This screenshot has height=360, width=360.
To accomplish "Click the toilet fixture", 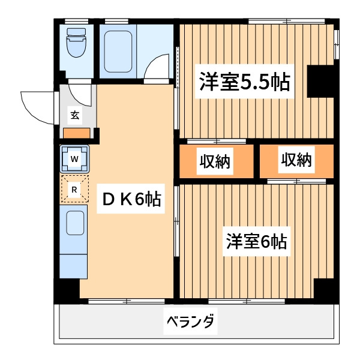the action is [x=76, y=43].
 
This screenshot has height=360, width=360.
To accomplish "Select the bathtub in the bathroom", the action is [x=118, y=52].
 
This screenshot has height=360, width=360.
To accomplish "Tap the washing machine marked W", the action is [x=74, y=159].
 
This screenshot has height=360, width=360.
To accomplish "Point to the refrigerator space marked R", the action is [x=74, y=189].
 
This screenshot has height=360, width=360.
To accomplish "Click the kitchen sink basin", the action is [x=75, y=223].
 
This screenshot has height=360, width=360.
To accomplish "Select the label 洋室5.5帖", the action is [x=245, y=82].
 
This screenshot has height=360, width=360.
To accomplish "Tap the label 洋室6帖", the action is [x=256, y=241].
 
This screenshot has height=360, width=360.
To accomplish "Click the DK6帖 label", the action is [x=131, y=199].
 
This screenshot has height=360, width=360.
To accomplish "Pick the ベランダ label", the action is [x=190, y=321].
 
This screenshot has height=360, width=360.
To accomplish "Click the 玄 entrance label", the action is [x=75, y=115].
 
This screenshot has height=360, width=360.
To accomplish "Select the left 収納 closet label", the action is [x=215, y=161].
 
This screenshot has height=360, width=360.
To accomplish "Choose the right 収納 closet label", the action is [x=296, y=160].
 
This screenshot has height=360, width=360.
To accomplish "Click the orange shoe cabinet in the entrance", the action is [x=76, y=133].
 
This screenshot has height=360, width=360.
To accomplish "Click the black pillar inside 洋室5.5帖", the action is [x=320, y=81].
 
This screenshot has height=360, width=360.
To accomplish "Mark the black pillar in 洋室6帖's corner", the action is [x=324, y=289].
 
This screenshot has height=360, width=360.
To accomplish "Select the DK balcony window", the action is [x=127, y=301].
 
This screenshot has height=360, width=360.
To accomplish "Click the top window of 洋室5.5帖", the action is [x=287, y=22].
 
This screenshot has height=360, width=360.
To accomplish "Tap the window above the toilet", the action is [x=76, y=22].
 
